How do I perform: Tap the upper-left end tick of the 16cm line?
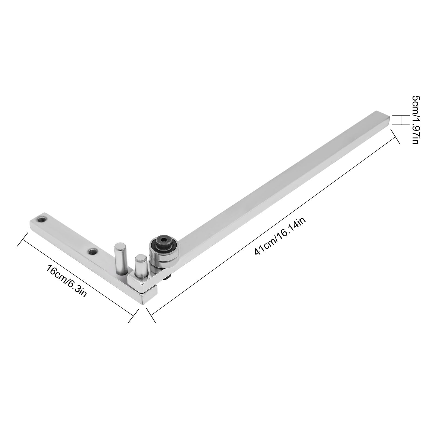pos(23,239)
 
